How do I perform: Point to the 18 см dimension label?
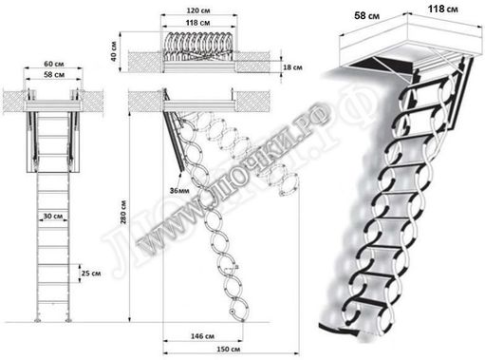pos(267,68)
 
